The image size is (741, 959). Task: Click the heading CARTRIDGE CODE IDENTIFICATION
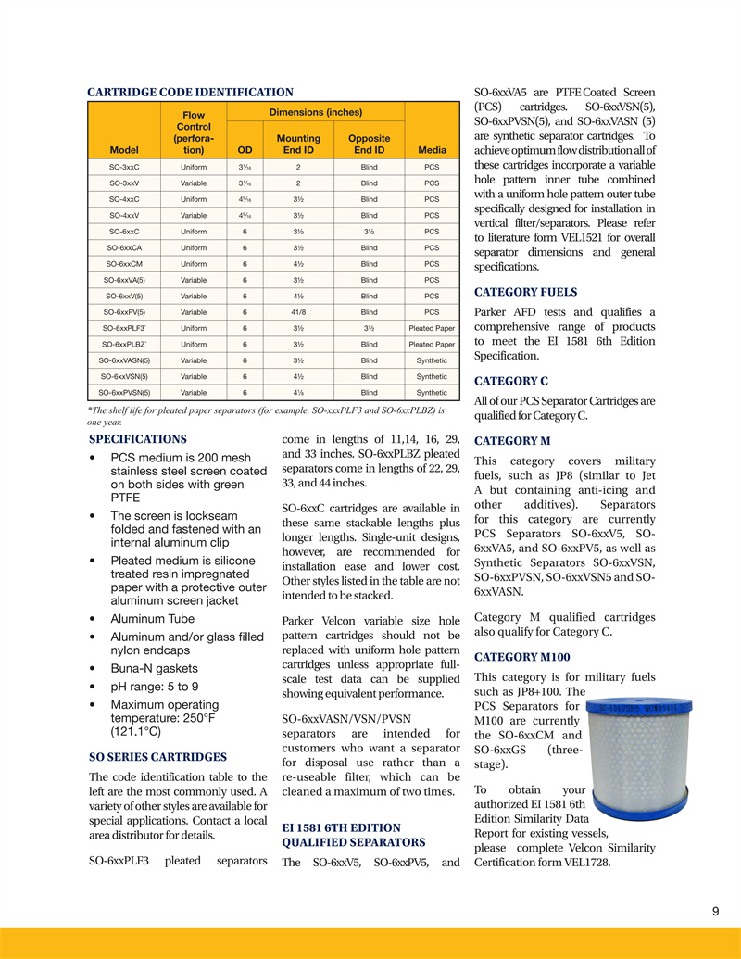(190, 93)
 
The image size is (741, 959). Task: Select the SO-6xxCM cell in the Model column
(124, 263)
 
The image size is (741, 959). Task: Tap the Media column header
(432, 149)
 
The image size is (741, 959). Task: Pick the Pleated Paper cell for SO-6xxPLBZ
(432, 344)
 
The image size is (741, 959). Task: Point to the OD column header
(245, 149)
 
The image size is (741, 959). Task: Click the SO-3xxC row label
(124, 167)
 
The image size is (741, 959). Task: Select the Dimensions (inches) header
(315, 112)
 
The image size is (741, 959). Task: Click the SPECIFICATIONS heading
(138, 439)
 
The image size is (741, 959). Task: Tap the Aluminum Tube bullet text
(153, 618)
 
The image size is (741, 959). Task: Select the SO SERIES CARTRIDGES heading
(157, 756)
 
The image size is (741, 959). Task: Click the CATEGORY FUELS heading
(525, 292)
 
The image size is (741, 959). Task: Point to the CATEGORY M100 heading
(521, 657)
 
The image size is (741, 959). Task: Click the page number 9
(716, 912)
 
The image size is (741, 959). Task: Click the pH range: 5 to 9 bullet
(155, 687)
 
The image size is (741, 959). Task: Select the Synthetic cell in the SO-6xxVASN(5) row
(432, 360)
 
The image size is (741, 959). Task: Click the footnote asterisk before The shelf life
(89, 409)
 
